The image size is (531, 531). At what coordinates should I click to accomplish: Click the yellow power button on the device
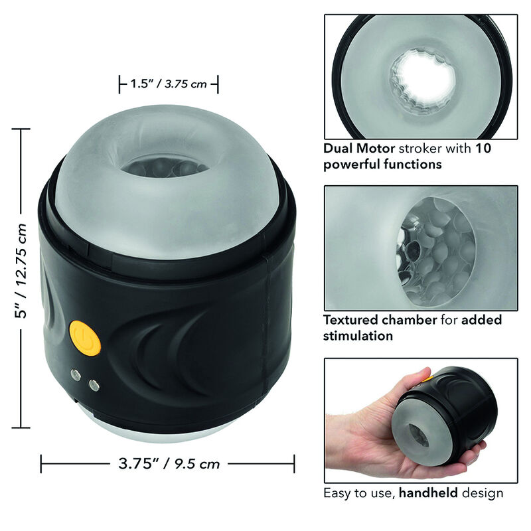point(84,337)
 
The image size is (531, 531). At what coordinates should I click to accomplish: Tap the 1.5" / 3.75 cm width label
point(169,84)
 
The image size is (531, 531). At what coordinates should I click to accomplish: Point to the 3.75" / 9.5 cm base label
point(168,463)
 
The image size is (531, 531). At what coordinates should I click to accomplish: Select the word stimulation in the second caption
point(358,336)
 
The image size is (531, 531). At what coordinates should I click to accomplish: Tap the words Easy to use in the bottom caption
point(349,493)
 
